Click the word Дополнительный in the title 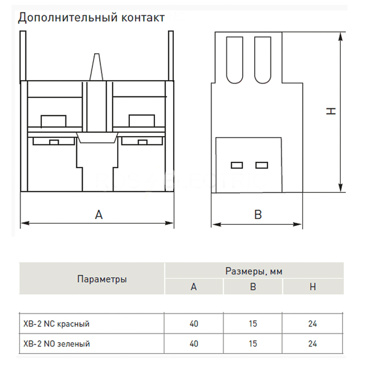pos(68,18)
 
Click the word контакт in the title pos(143,18)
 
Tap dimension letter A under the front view pos(99,215)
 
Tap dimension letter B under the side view pos(258,215)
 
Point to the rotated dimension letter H pos(331,111)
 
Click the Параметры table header pos(102,280)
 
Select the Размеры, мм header pos(254,271)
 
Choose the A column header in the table pos(194,287)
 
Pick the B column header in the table pos(253,287)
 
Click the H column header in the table pos(313,287)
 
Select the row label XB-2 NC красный pos(56,324)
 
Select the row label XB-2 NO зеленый pos(57,344)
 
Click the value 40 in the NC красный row pos(194,324)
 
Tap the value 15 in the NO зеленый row pos(253,344)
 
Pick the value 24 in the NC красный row pos(313,324)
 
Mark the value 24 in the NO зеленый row pos(313,344)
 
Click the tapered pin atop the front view pos(96,67)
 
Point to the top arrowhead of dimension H pos(340,37)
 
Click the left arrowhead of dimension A pos(25,223)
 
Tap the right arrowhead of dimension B pos(298,224)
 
